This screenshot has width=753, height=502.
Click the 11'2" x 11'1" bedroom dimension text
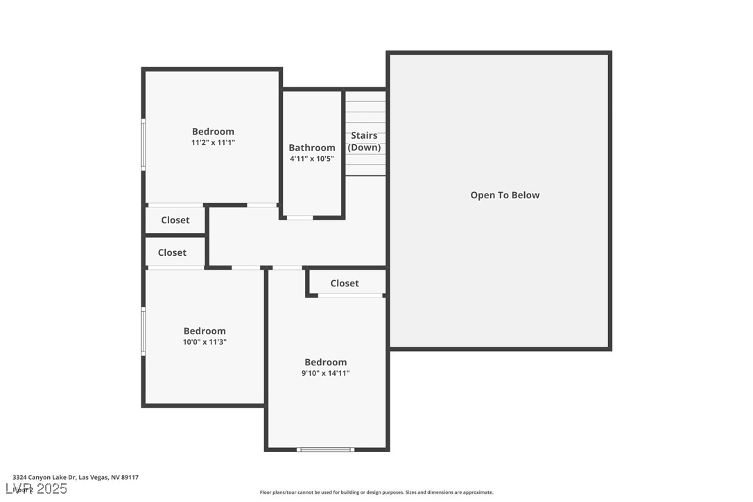pyautogui.click(x=213, y=143)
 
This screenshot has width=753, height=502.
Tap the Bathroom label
pyautogui.click(x=312, y=148)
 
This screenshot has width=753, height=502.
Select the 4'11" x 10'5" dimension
pyautogui.click(x=312, y=159)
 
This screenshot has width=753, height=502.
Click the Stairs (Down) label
pyautogui.click(x=364, y=141)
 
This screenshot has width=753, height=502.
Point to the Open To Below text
pyautogui.click(x=505, y=196)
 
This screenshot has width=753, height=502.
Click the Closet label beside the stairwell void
pyautogui.click(x=345, y=283)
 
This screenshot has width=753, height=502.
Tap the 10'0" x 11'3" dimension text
pyautogui.click(x=205, y=342)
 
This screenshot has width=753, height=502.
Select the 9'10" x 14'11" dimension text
pyautogui.click(x=326, y=373)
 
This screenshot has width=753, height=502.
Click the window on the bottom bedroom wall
pyautogui.click(x=325, y=449)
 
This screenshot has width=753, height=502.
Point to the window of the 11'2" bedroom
pyautogui.click(x=144, y=144)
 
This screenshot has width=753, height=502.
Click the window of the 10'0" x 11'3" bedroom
pyautogui.click(x=144, y=331)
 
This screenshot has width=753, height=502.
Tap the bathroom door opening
pyautogui.click(x=300, y=218)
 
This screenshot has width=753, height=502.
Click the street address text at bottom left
pyautogui.click(x=76, y=477)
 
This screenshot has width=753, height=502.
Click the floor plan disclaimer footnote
pyautogui.click(x=376, y=492)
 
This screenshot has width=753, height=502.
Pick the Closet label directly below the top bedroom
pyautogui.click(x=175, y=220)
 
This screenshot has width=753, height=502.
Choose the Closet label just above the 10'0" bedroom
pyautogui.click(x=172, y=253)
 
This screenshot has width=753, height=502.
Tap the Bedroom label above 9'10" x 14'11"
pyautogui.click(x=326, y=362)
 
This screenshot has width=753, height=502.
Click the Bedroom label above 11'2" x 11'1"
pyautogui.click(x=213, y=132)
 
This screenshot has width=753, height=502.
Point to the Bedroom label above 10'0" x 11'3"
pyautogui.click(x=205, y=331)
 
